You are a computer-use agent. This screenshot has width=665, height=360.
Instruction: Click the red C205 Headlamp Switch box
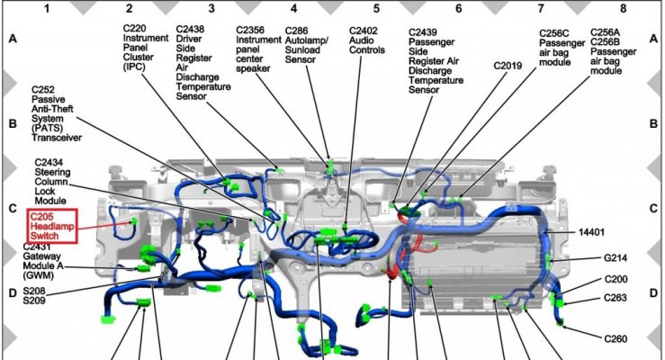[51, 226]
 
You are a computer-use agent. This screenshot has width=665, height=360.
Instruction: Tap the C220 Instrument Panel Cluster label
[146, 48]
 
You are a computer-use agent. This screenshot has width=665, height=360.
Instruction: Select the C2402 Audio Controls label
[367, 40]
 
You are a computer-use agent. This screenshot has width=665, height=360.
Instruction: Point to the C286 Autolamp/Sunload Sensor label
[306, 45]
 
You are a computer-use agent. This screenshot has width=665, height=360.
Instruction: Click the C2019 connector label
[508, 66]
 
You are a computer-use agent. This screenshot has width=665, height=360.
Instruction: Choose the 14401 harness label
[591, 232]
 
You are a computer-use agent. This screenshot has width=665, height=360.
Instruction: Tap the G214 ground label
[616, 257]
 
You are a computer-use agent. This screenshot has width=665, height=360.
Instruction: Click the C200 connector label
[616, 279]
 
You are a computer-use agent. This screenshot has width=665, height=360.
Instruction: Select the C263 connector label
[616, 298]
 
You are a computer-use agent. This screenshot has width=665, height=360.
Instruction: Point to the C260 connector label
[616, 338]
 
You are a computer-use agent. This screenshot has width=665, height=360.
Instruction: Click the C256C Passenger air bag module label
[562, 48]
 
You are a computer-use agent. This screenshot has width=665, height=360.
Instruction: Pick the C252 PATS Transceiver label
[57, 113]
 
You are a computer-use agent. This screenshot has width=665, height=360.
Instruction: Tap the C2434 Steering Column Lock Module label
[52, 182]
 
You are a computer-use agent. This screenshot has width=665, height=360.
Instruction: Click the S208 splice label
[34, 292]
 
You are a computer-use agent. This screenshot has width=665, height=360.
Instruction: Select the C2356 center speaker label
[258, 49]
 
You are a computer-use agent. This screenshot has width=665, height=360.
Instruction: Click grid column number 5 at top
[376, 8]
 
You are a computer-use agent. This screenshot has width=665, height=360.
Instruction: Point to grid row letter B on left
[13, 124]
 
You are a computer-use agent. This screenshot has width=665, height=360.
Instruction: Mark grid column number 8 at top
[623, 8]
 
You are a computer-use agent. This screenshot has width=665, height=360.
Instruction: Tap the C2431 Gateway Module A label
[42, 261]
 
